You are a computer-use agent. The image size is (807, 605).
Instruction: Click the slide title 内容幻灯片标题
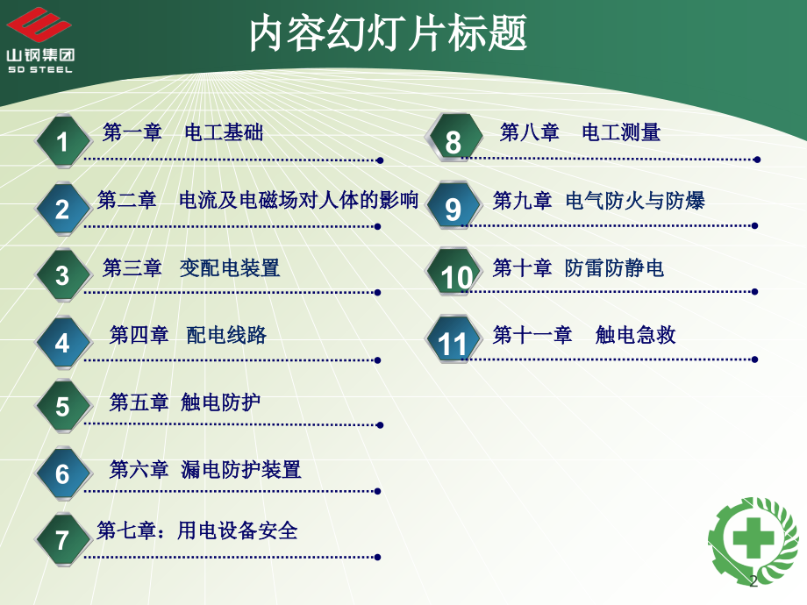pos(388,33)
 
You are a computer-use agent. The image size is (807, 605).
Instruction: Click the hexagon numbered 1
pos(63,141)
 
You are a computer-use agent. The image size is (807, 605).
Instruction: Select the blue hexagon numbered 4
pos(63,343)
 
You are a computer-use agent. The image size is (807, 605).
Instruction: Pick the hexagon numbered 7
pos(63,539)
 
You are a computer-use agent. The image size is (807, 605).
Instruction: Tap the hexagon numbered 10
pos(454,273)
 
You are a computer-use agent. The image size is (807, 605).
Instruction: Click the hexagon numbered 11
pos(454,339)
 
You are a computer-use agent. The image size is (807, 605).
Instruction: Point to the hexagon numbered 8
pos(454,139)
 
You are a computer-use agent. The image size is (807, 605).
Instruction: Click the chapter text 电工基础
pos(224,132)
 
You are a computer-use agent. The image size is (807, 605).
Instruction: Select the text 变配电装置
pos(230,268)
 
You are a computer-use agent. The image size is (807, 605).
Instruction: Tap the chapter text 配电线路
pos(226,335)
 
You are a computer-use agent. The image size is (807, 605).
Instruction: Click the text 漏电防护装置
pos(241,469)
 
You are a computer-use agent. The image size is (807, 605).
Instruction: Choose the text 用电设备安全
pos(238,530)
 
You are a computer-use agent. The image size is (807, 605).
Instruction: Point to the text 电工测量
pos(621,132)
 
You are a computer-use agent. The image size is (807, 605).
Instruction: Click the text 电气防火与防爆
pos(635,200)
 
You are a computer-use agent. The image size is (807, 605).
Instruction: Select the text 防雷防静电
pos(615,268)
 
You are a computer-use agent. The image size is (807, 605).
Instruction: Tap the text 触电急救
pos(635,335)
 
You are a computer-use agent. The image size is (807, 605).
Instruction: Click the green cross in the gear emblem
pos(753,537)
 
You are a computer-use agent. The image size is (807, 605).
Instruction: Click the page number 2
pos(753,580)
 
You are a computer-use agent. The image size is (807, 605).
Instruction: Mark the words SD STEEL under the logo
pos(40,69)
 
